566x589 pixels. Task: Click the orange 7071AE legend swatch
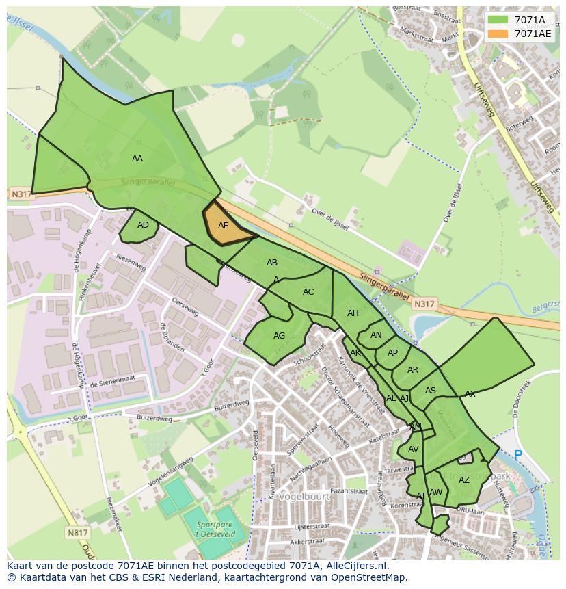pyautogui.click(x=498, y=34)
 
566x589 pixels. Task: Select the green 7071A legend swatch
pyautogui.click(x=498, y=20)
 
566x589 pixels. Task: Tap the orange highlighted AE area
pyautogui.click(x=224, y=225)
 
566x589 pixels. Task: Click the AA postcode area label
pyautogui.click(x=137, y=158)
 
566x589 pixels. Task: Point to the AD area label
pyautogui.click(x=143, y=224)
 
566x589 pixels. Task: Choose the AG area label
pyautogui.click(x=279, y=335)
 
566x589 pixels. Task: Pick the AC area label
pyautogui.click(x=308, y=291)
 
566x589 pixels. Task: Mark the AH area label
pyautogui.click(x=353, y=313)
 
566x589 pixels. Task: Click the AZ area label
pyautogui.click(x=464, y=480)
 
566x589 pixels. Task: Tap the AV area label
pyautogui.click(x=413, y=449)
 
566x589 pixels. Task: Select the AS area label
pyautogui.click(x=431, y=391)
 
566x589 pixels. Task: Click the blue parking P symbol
pyautogui.click(x=517, y=454)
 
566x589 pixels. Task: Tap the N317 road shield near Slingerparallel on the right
pyautogui.click(x=424, y=304)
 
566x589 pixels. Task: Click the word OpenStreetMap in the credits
pyautogui.click(x=368, y=577)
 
